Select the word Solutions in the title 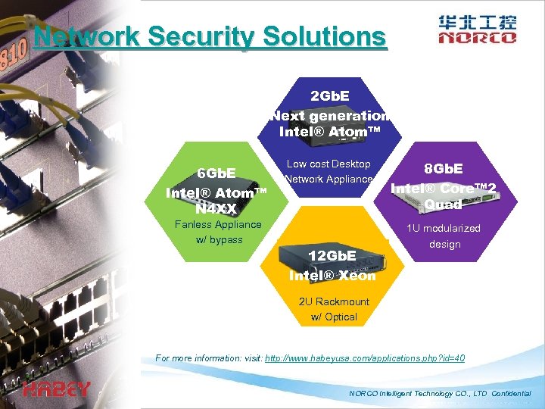pos(327,36)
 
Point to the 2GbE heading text pos(330,97)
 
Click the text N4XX pos(216,207)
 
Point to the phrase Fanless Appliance pos(217,224)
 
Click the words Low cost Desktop pos(329,164)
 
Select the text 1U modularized pos(444,228)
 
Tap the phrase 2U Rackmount pos(334,301)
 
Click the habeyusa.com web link pos(365,357)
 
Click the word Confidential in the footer pos(512,394)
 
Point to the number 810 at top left pos(14,55)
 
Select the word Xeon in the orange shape pos(357,275)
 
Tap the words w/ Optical pos(334,317)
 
